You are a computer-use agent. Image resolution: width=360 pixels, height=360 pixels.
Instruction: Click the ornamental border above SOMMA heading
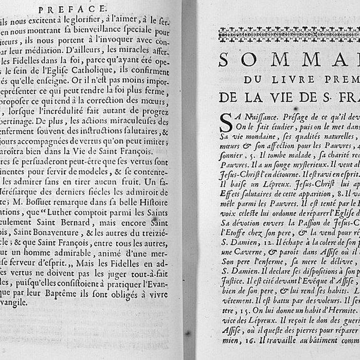[288, 34]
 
